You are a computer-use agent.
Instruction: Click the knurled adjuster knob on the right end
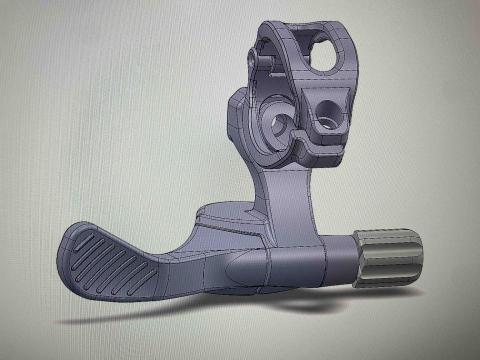click(390, 255)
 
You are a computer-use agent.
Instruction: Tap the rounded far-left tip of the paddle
click(72, 245)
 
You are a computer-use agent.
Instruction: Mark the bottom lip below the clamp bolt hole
click(320, 150)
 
